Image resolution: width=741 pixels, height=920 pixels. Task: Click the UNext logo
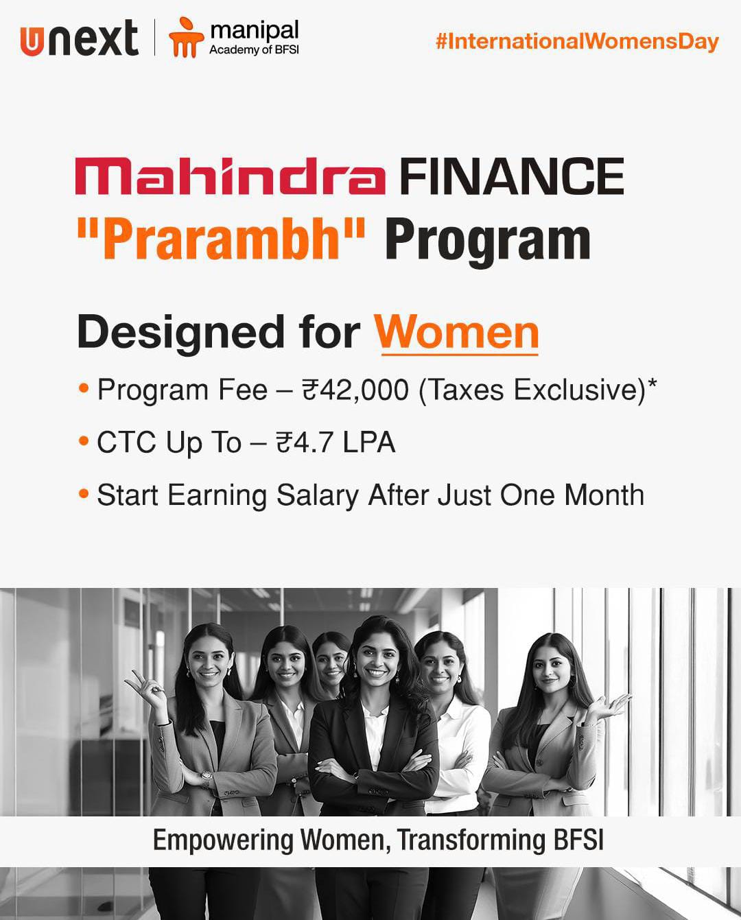(79, 39)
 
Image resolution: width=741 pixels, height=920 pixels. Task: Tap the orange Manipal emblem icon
(185, 37)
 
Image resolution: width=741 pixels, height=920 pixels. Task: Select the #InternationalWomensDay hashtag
(577, 43)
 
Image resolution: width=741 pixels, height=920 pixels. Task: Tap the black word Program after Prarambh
(488, 243)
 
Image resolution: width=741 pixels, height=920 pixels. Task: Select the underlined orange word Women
(456, 333)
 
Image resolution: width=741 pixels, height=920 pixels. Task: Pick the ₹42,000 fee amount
(355, 390)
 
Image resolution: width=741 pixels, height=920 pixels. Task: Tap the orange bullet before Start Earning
(84, 494)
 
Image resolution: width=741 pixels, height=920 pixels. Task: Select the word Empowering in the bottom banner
(223, 840)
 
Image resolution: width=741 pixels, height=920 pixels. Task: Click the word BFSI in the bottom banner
(578, 839)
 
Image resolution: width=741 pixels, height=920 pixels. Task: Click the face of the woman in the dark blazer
(375, 665)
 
